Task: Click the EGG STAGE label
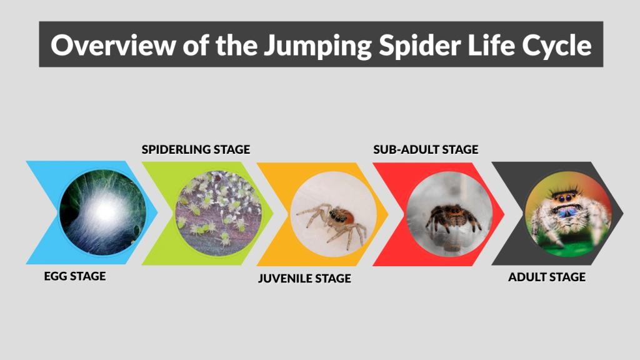[x=75, y=276]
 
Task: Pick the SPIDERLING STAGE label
[x=196, y=149]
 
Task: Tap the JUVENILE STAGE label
[x=304, y=278]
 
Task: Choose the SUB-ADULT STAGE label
[x=426, y=149]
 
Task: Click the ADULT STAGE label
[x=547, y=276]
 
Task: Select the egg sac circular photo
[x=101, y=212]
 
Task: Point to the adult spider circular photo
[x=568, y=212]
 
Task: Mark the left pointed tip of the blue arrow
[x=27, y=162]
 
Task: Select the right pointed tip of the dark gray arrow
[x=622, y=212]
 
